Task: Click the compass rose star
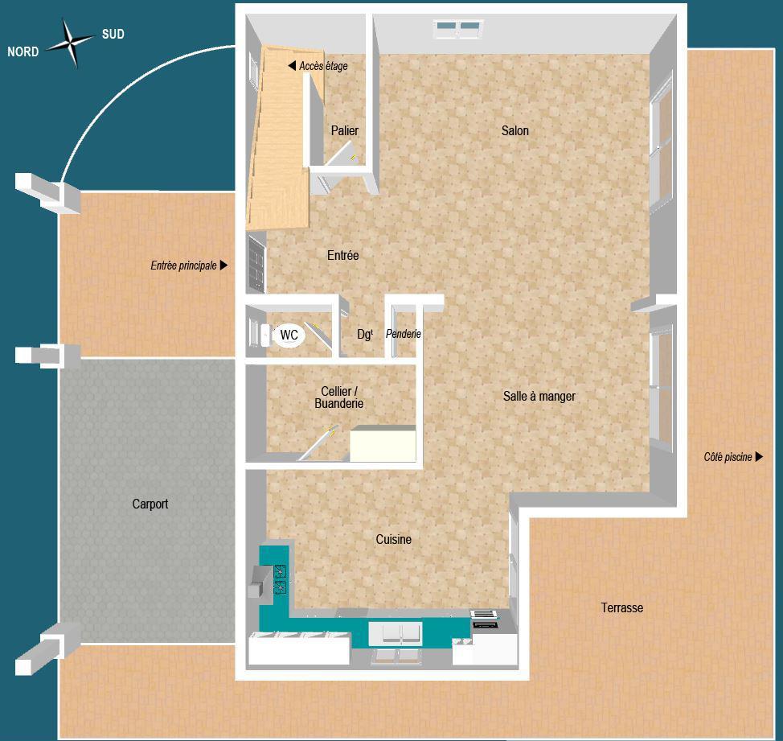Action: [70, 42]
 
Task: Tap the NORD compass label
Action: [23, 52]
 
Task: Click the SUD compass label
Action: [113, 35]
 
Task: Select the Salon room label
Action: [514, 130]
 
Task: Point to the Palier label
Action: [344, 131]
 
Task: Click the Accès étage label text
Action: [323, 66]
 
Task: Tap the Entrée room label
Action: [342, 255]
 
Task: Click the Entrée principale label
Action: [183, 266]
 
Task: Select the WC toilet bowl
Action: [289, 335]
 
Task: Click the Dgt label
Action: [364, 334]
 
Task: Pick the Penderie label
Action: [404, 334]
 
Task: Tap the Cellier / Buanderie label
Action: [338, 397]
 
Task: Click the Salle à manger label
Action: [539, 396]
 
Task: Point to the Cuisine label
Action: [393, 539]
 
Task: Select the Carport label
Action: [150, 504]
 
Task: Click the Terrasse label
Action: [621, 607]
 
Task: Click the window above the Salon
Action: [457, 30]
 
